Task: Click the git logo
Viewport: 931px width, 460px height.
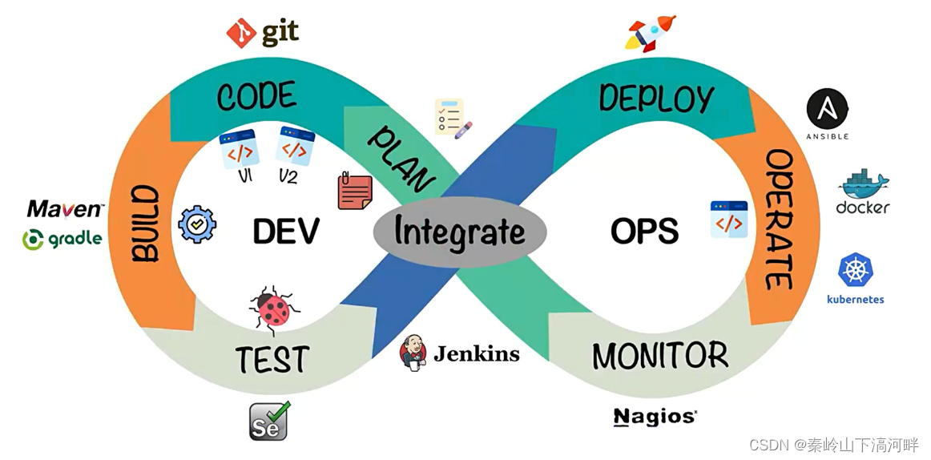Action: point(263,32)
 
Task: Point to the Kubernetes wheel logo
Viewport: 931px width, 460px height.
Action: point(855,270)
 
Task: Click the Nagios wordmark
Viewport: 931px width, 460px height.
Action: point(655,416)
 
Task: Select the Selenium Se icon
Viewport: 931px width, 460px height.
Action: point(268,421)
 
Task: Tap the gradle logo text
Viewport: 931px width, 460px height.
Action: point(64,238)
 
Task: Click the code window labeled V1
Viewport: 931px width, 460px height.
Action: point(239,149)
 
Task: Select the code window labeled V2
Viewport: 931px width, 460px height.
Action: point(295,147)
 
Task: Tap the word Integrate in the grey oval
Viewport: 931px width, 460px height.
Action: point(460,232)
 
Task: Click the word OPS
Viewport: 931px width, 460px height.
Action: point(645,232)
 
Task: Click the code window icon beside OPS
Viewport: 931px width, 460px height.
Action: point(728,220)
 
